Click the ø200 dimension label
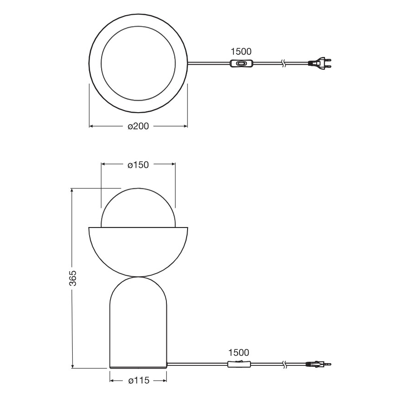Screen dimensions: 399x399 (x=137, y=126)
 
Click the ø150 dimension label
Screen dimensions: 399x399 (x=137, y=165)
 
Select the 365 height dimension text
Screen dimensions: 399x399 (x=73, y=278)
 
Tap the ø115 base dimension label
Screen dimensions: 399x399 (x=137, y=381)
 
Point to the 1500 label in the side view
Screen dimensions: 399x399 (x=239, y=353)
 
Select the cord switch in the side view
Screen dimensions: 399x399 (x=239, y=365)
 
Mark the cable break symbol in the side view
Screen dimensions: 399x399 (x=285, y=365)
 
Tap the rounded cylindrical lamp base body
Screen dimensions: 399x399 (x=138, y=326)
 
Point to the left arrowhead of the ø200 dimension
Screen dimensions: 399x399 (x=91, y=126)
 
